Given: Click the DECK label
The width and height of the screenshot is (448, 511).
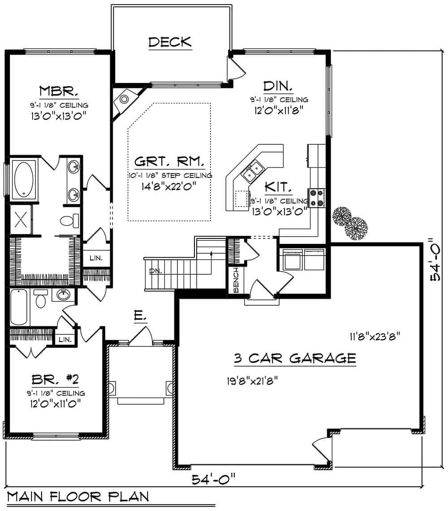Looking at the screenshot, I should [170, 42].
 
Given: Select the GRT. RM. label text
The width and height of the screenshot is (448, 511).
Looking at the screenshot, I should [170, 161].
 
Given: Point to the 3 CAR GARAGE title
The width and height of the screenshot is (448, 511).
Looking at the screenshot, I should [295, 358].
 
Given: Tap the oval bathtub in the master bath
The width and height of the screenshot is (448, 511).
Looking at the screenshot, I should [24, 178].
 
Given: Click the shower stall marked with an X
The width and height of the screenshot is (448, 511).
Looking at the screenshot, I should [21, 220].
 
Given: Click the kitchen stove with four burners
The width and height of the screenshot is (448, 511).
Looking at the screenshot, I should [316, 198].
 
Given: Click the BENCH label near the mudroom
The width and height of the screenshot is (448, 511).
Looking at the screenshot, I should [236, 279].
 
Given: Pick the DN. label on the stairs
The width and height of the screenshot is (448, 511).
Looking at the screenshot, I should [155, 271].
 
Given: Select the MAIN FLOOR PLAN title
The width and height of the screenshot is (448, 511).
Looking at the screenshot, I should [78, 496].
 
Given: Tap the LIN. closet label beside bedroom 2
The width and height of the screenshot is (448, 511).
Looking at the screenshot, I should [65, 339].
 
